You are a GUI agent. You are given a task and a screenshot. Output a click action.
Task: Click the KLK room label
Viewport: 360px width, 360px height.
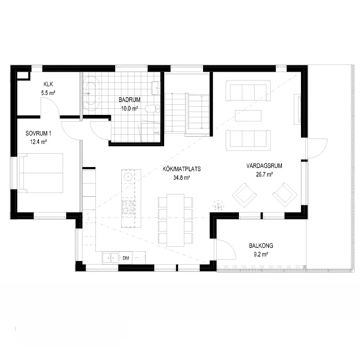(48, 84)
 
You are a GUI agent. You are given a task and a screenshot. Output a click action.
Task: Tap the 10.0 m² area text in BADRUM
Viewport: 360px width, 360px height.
(130, 108)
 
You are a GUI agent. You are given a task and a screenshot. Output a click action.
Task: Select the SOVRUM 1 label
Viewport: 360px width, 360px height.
(39, 133)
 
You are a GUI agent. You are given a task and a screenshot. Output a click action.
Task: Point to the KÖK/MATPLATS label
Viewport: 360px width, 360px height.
(181, 169)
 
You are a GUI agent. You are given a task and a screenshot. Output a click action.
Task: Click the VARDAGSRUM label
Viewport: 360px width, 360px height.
(264, 166)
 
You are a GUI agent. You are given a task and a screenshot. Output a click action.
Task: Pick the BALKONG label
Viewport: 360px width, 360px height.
(261, 246)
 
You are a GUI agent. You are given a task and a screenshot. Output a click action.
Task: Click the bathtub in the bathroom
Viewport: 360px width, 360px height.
(91, 94)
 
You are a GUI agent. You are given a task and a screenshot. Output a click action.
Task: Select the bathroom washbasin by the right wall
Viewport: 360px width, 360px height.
(156, 88)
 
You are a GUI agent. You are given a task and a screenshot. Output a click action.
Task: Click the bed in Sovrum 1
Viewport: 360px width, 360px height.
(40, 173)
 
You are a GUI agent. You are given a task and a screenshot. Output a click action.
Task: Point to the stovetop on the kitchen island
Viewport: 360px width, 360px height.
(129, 207)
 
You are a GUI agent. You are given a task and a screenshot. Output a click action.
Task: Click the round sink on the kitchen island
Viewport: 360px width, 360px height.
(127, 177)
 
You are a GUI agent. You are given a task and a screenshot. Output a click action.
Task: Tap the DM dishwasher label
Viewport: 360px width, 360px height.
(126, 258)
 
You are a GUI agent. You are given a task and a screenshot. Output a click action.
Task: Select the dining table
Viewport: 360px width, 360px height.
(175, 220)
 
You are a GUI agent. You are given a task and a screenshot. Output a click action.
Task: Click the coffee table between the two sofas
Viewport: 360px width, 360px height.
(248, 116)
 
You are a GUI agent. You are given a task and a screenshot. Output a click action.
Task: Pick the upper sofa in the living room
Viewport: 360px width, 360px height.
(248, 91)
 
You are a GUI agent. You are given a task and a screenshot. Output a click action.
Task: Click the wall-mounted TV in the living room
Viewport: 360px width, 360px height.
(298, 109)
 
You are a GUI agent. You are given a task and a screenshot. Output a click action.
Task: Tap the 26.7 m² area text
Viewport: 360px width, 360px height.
(264, 175)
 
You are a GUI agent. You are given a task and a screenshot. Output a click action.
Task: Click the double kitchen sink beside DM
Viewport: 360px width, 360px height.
(111, 258)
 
